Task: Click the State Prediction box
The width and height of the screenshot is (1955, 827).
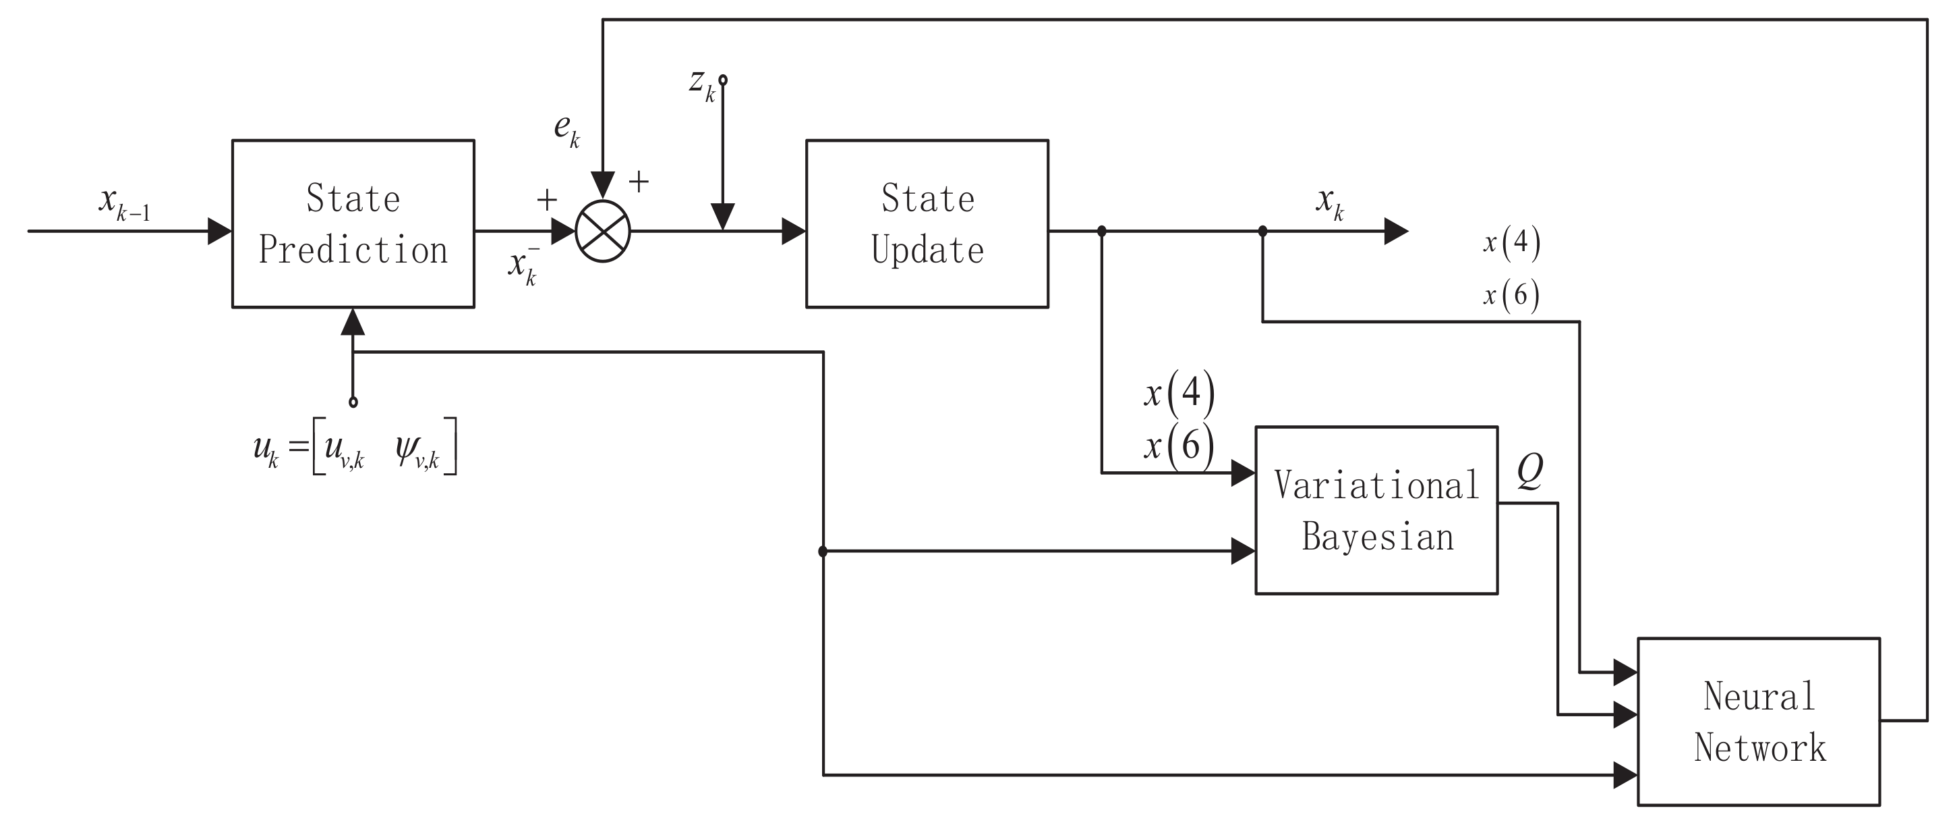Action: (x=353, y=224)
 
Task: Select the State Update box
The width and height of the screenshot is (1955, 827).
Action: (x=927, y=224)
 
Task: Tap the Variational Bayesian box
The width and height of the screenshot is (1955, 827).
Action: (x=1376, y=510)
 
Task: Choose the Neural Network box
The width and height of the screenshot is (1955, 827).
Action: (x=1759, y=722)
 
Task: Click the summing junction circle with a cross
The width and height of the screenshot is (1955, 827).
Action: (x=603, y=232)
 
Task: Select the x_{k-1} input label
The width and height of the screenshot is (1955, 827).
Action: (x=123, y=202)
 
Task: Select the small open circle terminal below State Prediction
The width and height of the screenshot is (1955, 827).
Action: (x=353, y=402)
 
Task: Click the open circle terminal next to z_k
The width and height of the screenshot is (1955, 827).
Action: (x=723, y=80)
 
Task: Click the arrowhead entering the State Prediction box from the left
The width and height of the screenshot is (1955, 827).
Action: (x=219, y=232)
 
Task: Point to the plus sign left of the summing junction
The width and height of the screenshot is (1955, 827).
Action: (x=546, y=201)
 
